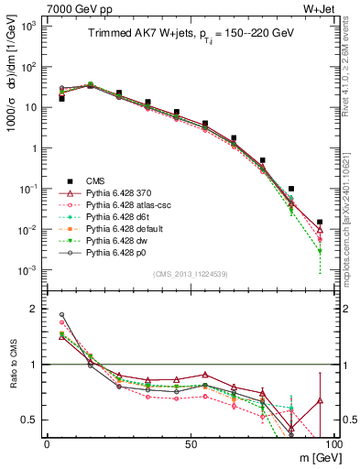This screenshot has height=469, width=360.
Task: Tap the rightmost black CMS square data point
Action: [320, 222]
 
